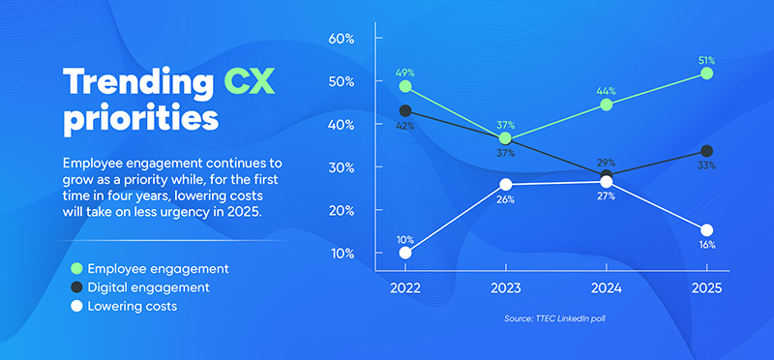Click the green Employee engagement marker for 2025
click(x=707, y=73)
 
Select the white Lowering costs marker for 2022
click(x=404, y=253)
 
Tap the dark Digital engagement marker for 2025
click(x=707, y=151)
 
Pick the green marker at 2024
click(x=607, y=105)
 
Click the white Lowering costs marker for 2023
click(x=505, y=184)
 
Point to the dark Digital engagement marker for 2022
click(x=404, y=110)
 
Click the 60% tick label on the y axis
click(x=343, y=39)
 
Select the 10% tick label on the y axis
click(x=343, y=254)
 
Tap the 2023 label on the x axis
click(x=505, y=288)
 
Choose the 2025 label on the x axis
click(x=706, y=288)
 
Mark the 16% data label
click(x=707, y=245)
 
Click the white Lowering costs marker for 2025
click(x=707, y=229)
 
